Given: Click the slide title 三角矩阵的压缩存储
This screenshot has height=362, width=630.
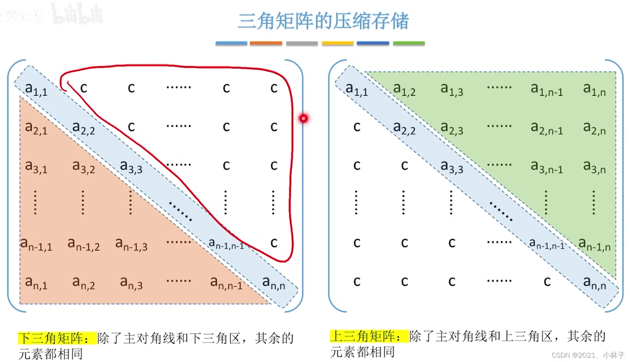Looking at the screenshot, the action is coord(323,21).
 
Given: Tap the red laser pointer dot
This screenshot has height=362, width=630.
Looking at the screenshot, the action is coord(303,118).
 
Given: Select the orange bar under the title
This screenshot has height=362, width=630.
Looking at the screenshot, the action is coord(266,43).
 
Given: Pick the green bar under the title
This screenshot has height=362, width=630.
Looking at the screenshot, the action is coord(409,43).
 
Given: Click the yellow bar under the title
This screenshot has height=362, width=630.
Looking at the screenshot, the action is coord(338,43).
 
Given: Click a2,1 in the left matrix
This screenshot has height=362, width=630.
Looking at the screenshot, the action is coord(36,128).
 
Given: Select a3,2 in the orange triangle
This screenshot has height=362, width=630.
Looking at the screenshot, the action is coord(83,166).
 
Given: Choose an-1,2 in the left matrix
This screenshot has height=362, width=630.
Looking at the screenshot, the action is coord(83,244).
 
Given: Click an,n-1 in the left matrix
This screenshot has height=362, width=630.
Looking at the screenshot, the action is coord(226,283).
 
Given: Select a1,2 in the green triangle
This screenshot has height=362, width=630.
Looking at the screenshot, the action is coord(404,89).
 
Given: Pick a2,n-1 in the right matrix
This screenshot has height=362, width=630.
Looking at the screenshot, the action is coord(547,128).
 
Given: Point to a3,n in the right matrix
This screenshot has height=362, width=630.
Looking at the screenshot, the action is coord(594,166).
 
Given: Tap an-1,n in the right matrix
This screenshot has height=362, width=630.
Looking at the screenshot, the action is coord(594,244).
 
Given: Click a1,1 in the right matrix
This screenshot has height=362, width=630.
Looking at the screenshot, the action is coord(357,89).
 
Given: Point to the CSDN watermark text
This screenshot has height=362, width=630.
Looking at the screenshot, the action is coord(588,355).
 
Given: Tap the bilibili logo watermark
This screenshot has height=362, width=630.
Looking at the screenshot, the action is coord(77,15).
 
